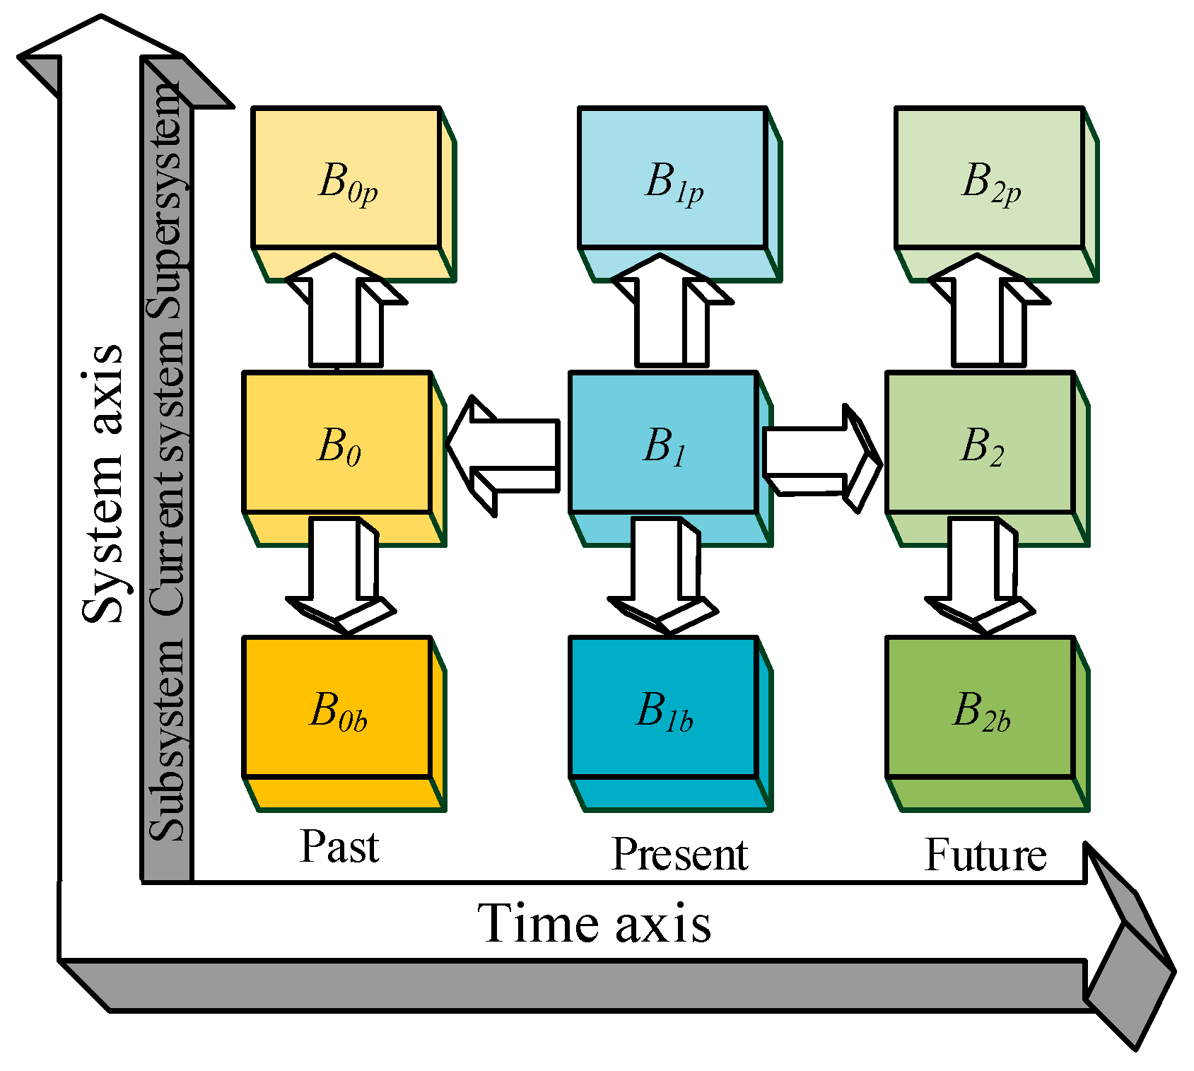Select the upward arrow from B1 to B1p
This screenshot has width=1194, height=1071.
[x=661, y=318]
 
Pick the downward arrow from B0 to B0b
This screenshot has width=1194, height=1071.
[x=336, y=573]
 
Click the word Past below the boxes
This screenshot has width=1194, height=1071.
[x=339, y=846]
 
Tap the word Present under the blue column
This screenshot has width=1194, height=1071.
[x=679, y=854]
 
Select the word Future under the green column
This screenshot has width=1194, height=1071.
[x=985, y=855]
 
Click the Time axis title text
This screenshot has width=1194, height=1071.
[x=594, y=923]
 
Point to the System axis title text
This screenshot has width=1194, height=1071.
[x=103, y=484]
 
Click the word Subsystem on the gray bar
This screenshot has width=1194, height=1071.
[x=167, y=739]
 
